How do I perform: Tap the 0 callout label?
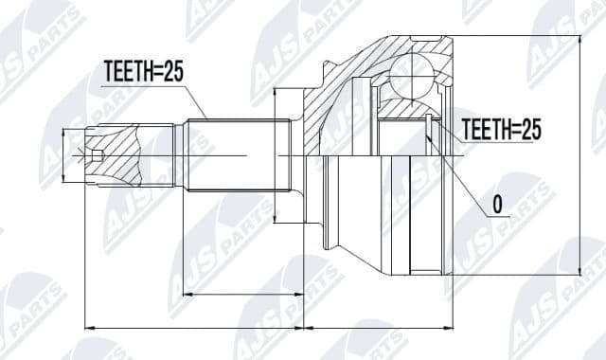pos(497,203)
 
